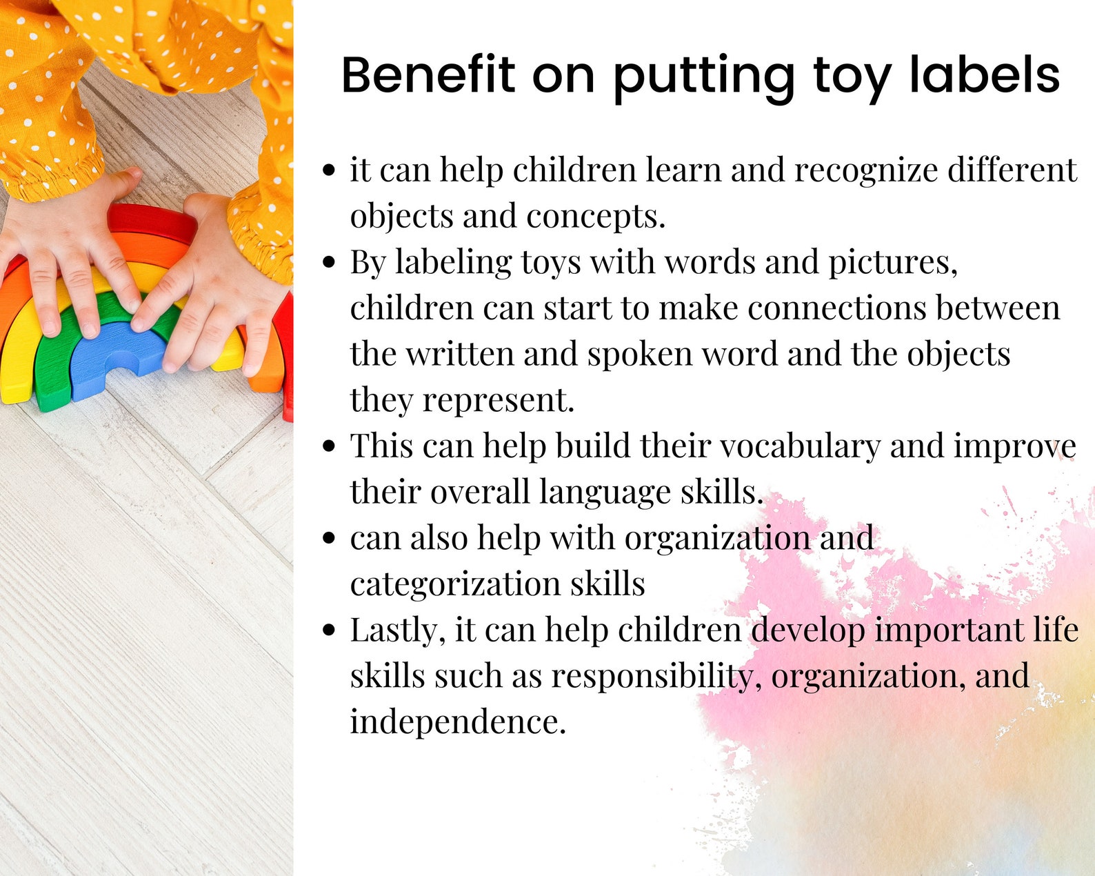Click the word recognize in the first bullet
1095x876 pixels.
[866, 170]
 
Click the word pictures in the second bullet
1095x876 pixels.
[892, 263]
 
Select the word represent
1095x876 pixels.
[498, 400]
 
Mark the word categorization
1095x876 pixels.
[455, 584]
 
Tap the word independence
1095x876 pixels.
[457, 722]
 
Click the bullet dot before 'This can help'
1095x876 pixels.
[329, 446]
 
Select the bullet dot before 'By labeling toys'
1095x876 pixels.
[329, 263]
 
